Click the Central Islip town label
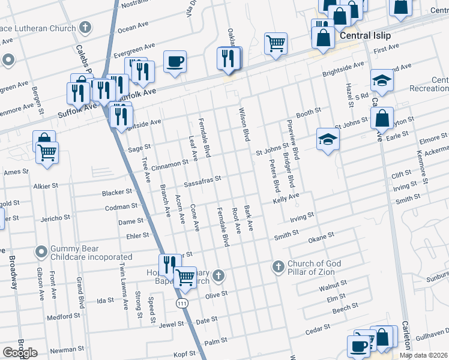(365, 35)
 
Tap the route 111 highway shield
(182, 304)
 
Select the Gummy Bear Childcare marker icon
(41, 250)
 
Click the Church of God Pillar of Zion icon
(277, 266)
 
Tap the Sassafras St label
(202, 179)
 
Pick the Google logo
(20, 353)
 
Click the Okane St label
(321, 238)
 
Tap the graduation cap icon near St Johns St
(328, 139)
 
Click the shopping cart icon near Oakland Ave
(276, 42)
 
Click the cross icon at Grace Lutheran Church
(86, 27)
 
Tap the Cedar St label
(318, 329)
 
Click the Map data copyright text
(424, 355)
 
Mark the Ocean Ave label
(133, 28)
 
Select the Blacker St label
(117, 192)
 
